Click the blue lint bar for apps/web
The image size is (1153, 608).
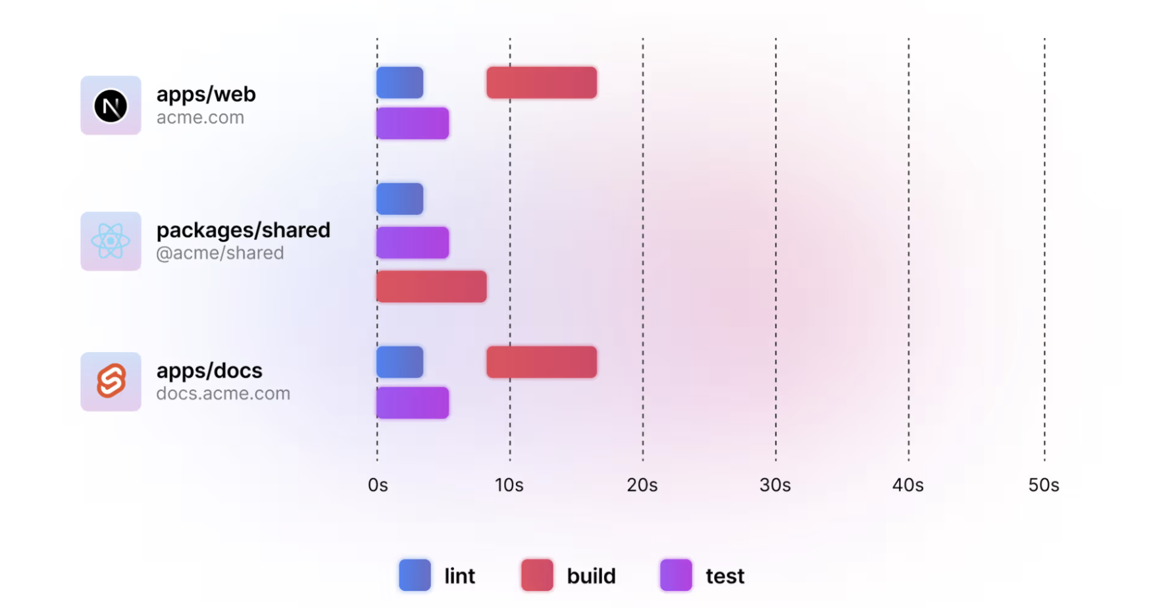click(399, 83)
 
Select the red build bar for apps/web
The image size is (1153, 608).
click(542, 83)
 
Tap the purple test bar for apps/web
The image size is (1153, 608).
click(413, 124)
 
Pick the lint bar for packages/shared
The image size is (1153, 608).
click(399, 199)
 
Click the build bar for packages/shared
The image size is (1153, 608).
click(431, 287)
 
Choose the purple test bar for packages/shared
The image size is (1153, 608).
click(413, 243)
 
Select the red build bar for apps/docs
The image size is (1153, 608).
click(542, 362)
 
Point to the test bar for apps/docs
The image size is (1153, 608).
click(413, 403)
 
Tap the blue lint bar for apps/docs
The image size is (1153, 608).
click(399, 362)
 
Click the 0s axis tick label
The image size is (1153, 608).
click(378, 486)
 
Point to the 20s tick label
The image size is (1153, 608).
click(642, 486)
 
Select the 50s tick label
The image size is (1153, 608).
click(1044, 486)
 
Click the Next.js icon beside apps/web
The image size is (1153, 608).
click(111, 106)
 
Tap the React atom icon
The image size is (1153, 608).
click(111, 241)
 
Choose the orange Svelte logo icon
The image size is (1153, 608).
click(111, 382)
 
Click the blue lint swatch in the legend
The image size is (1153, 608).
click(415, 575)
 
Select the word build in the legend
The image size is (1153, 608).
click(591, 576)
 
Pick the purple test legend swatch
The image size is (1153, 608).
click(676, 575)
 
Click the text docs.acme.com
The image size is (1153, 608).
click(223, 393)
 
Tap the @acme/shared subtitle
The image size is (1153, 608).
click(220, 253)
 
